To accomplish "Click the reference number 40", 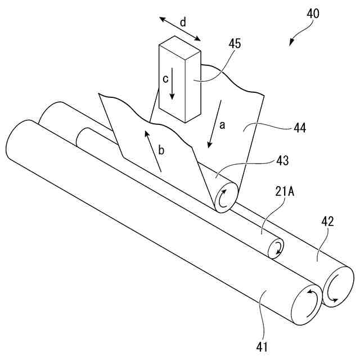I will click(312, 13).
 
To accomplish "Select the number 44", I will click(299, 128).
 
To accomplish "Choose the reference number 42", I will click(327, 221).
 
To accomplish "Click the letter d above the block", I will click(183, 23).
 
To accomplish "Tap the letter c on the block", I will click(166, 79).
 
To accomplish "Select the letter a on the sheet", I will click(222, 126).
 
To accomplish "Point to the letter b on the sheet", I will click(161, 150).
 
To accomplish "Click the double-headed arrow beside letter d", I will click(180, 29).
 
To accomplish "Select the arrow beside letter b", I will click(154, 151).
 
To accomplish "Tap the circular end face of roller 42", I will click(335, 286).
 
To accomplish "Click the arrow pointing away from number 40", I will click(296, 37).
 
